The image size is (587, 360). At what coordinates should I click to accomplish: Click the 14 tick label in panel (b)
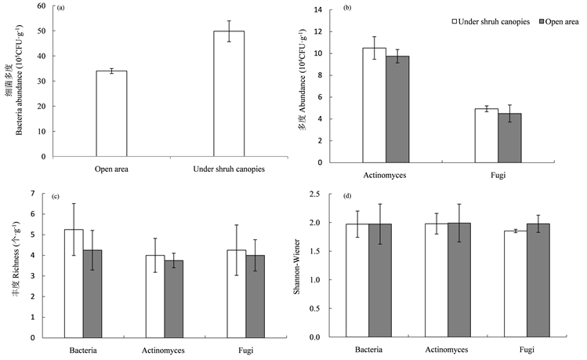click(x=319, y=10)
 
